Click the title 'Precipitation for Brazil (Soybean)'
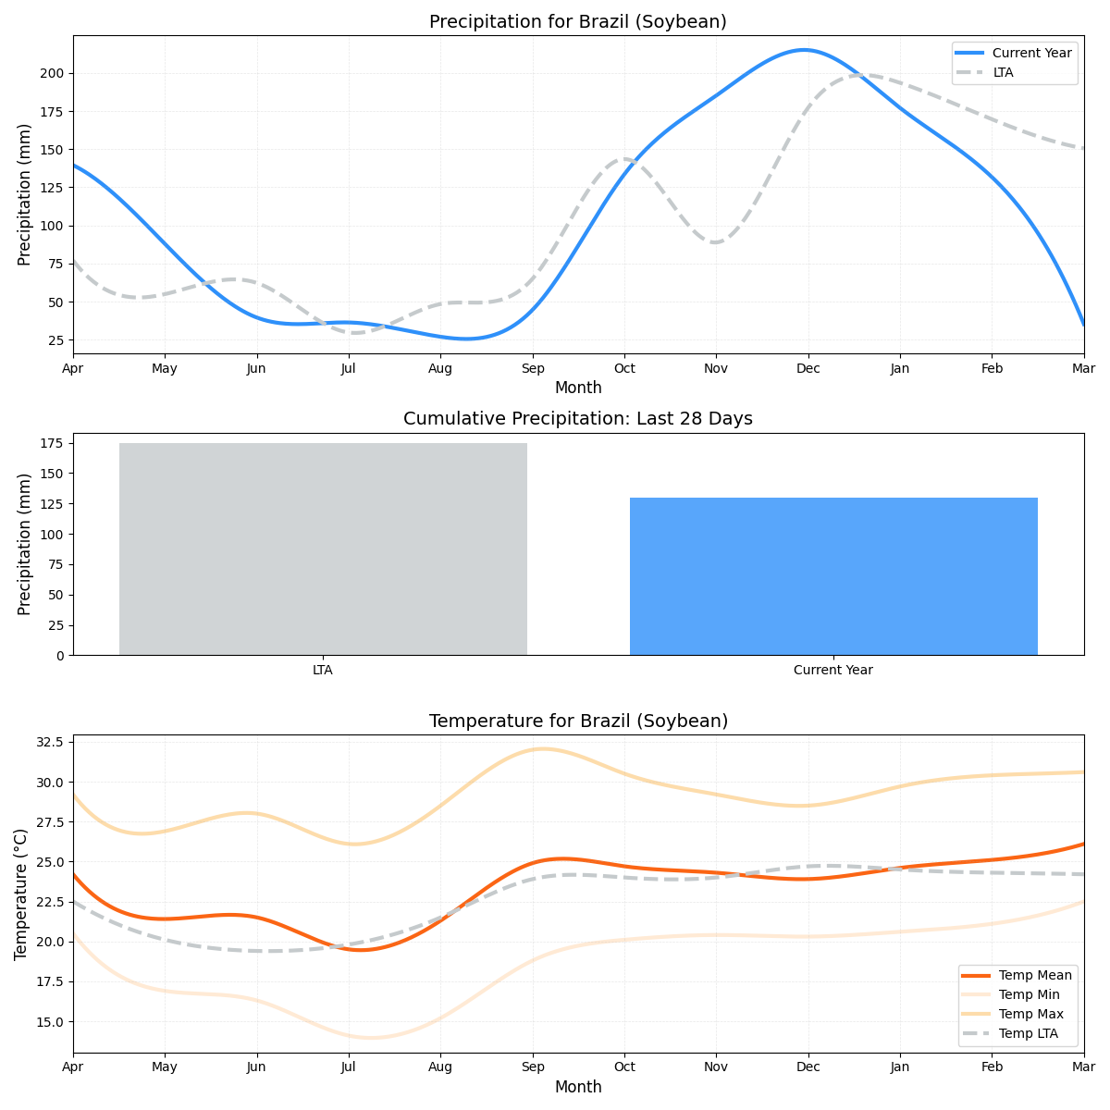(x=578, y=22)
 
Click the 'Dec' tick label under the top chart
(x=808, y=369)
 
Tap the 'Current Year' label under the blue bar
(x=833, y=670)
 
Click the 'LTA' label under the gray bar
(x=323, y=670)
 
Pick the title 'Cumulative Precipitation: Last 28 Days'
(x=578, y=419)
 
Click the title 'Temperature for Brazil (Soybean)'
(x=578, y=721)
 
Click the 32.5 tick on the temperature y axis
(x=48, y=742)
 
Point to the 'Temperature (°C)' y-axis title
(x=21, y=894)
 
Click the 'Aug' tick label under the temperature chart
(x=440, y=1067)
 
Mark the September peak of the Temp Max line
(x=542, y=748)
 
